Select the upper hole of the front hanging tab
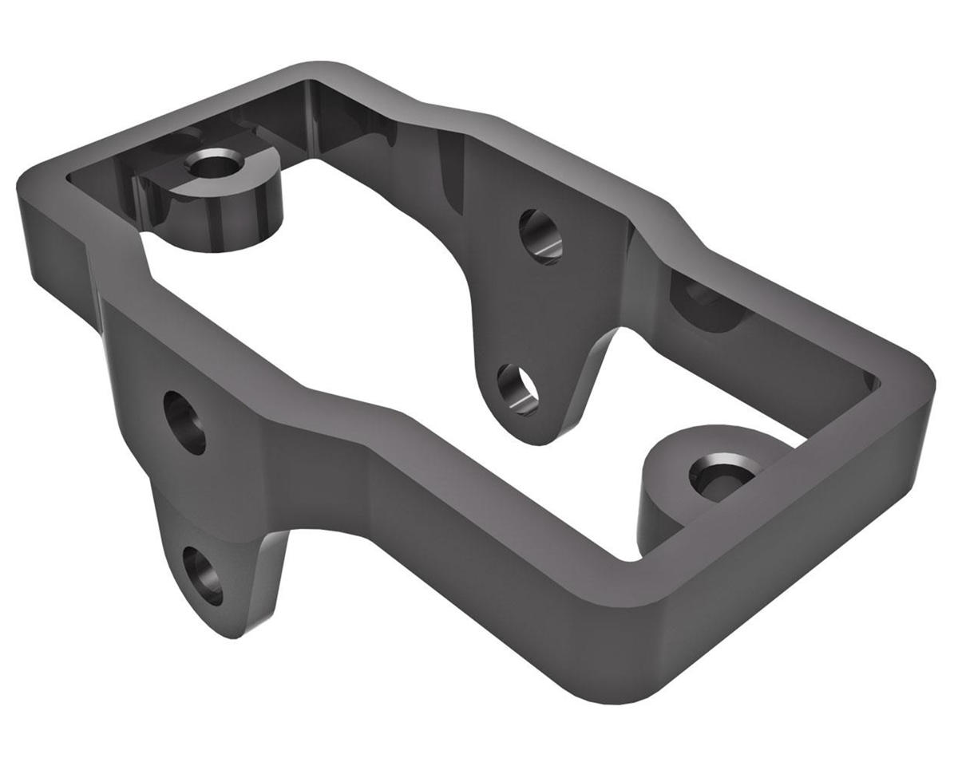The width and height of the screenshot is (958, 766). pos(184,422)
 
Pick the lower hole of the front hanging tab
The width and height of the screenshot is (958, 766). pos(202,574)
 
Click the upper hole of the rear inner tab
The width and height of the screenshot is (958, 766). pos(540,235)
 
